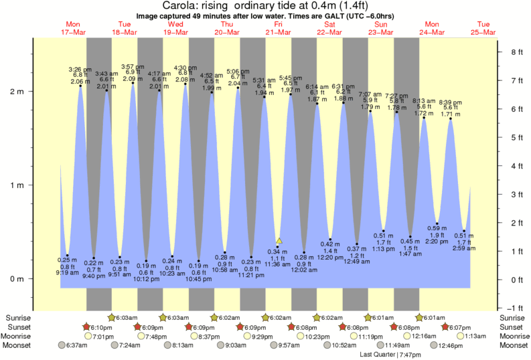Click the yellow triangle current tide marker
(x=279, y=240)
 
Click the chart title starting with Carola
(x=265, y=5)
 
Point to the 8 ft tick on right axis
(x=516, y=52)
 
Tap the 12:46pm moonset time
(x=450, y=346)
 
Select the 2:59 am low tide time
(x=464, y=248)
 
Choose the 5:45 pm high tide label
(x=290, y=78)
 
